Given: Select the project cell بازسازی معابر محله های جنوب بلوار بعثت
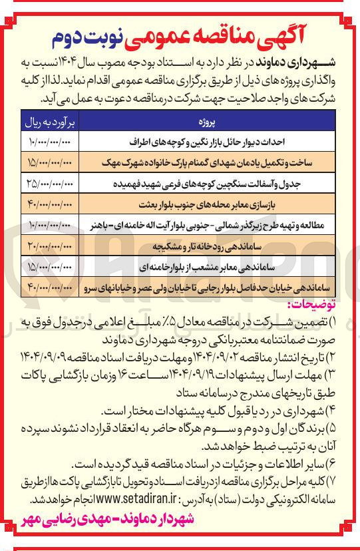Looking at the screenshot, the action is point(219,203).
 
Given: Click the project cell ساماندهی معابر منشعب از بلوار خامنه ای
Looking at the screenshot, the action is point(219,267).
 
